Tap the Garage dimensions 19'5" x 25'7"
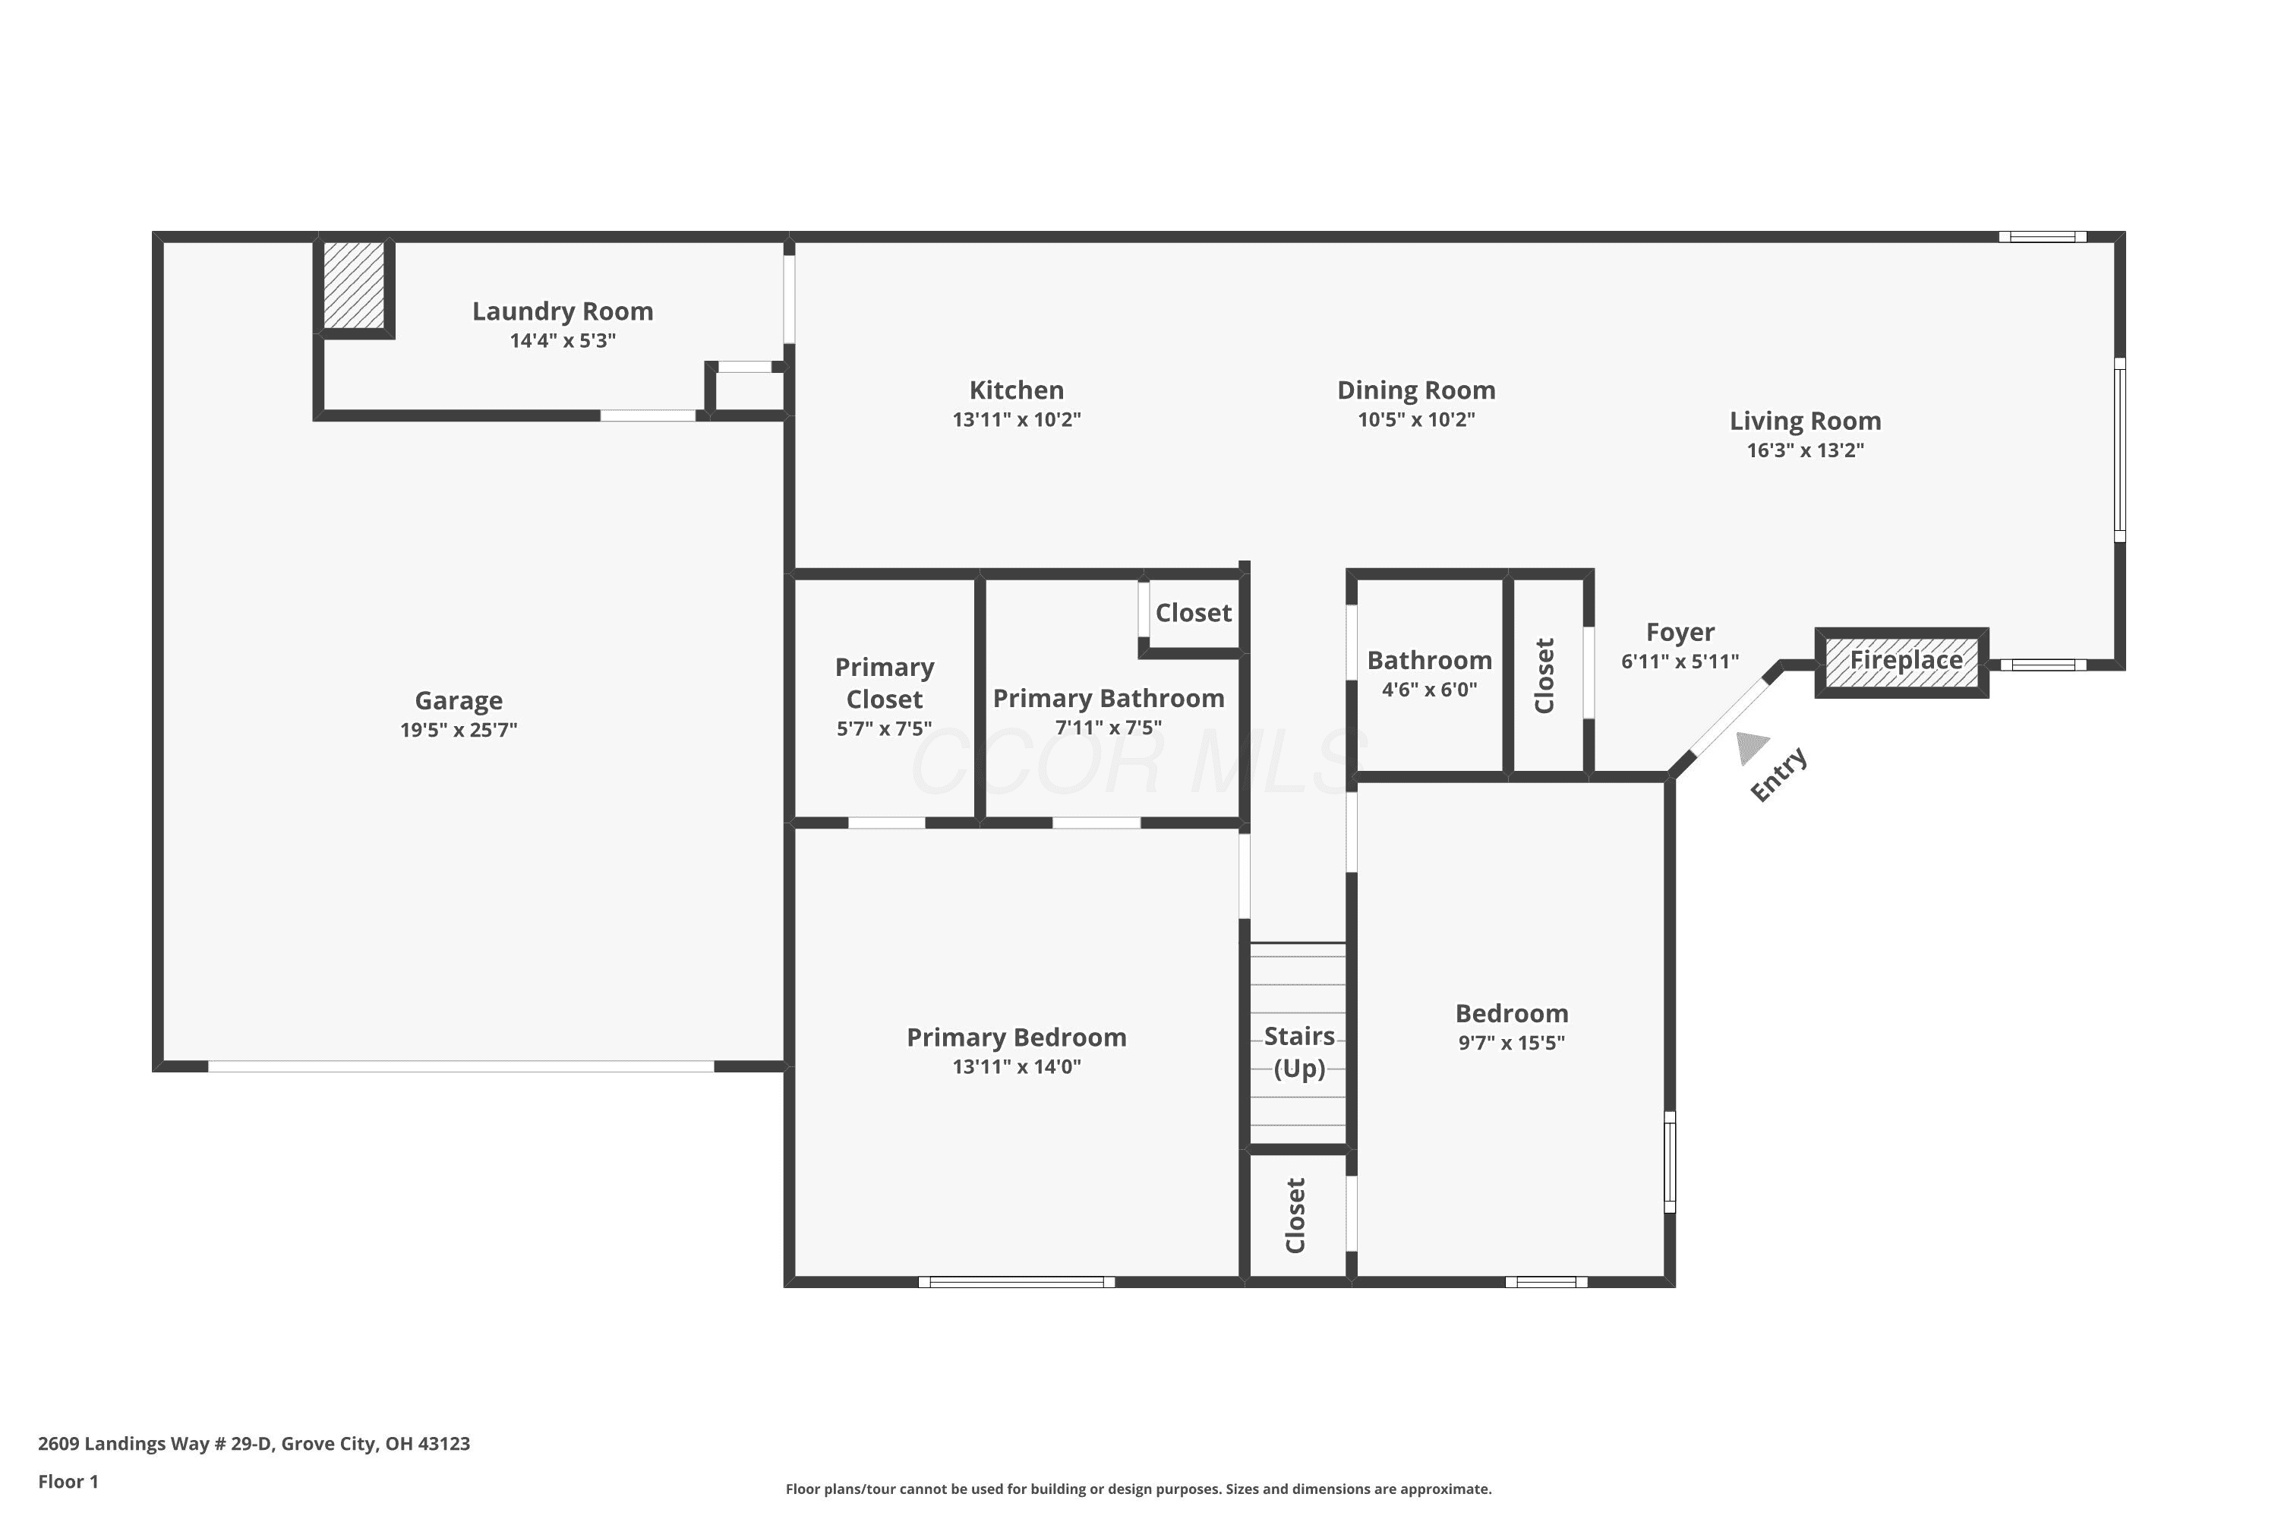(x=459, y=729)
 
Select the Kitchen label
(x=1017, y=390)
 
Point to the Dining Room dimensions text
(x=1416, y=419)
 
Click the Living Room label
(x=1806, y=422)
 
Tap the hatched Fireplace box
(x=1902, y=662)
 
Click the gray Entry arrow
(x=1752, y=747)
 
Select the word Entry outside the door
(x=1778, y=774)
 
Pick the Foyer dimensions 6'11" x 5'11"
(x=1680, y=662)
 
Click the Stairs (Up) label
(x=1298, y=1052)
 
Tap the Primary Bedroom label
(x=1017, y=1037)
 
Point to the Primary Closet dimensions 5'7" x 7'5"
(x=885, y=728)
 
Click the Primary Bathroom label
(x=1109, y=699)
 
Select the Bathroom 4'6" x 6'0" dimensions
(x=1430, y=690)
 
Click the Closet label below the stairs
(x=1296, y=1216)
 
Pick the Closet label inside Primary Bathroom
(x=1193, y=613)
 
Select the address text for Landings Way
(x=254, y=1445)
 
